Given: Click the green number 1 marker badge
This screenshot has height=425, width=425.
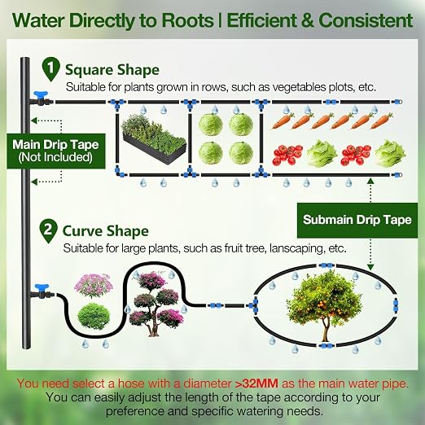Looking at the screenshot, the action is (50, 69).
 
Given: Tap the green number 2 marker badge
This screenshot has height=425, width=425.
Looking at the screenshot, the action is (48, 231).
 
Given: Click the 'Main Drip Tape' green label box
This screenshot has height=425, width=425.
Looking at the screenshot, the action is (55, 151).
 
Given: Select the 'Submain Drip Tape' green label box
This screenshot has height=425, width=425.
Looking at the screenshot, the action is (357, 220).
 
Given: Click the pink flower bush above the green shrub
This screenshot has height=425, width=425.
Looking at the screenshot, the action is (94, 285).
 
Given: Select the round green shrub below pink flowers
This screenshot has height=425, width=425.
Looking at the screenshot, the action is (94, 316).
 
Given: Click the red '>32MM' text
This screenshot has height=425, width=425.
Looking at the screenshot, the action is (256, 383).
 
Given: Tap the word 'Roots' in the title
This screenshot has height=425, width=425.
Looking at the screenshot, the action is (188, 21).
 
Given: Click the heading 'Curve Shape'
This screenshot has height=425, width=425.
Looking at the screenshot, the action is (106, 231).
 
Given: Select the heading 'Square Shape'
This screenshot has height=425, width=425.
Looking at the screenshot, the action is (112, 70).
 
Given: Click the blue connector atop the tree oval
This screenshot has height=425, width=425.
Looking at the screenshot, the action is (326, 265).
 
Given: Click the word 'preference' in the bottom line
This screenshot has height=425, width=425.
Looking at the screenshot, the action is (135, 412).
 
